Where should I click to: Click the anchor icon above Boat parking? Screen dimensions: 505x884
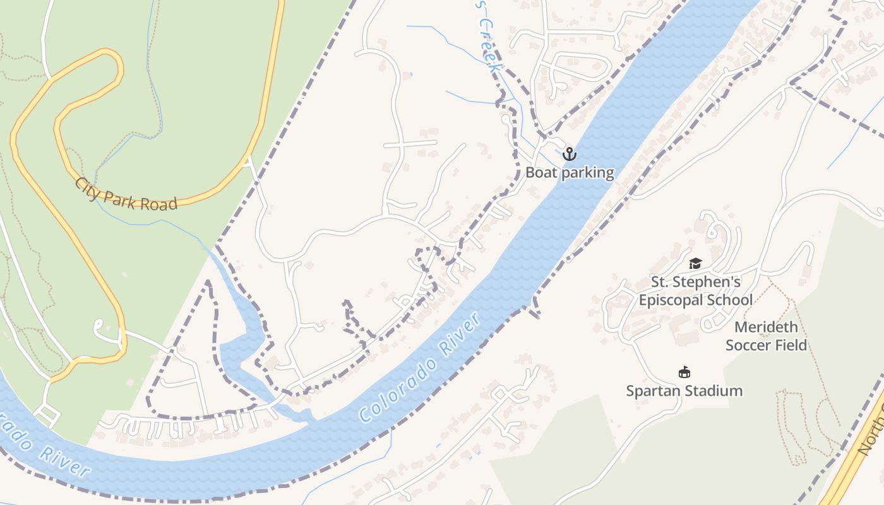point(570,153)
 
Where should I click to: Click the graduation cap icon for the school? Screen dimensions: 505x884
point(695,263)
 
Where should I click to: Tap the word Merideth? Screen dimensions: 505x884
point(766,327)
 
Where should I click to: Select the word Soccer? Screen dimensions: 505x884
point(748,345)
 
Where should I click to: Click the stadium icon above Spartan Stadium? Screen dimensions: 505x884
point(684,372)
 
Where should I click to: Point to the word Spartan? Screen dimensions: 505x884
point(652,391)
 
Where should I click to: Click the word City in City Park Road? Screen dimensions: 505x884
point(87,188)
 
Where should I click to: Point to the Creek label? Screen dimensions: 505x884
point(490,44)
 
